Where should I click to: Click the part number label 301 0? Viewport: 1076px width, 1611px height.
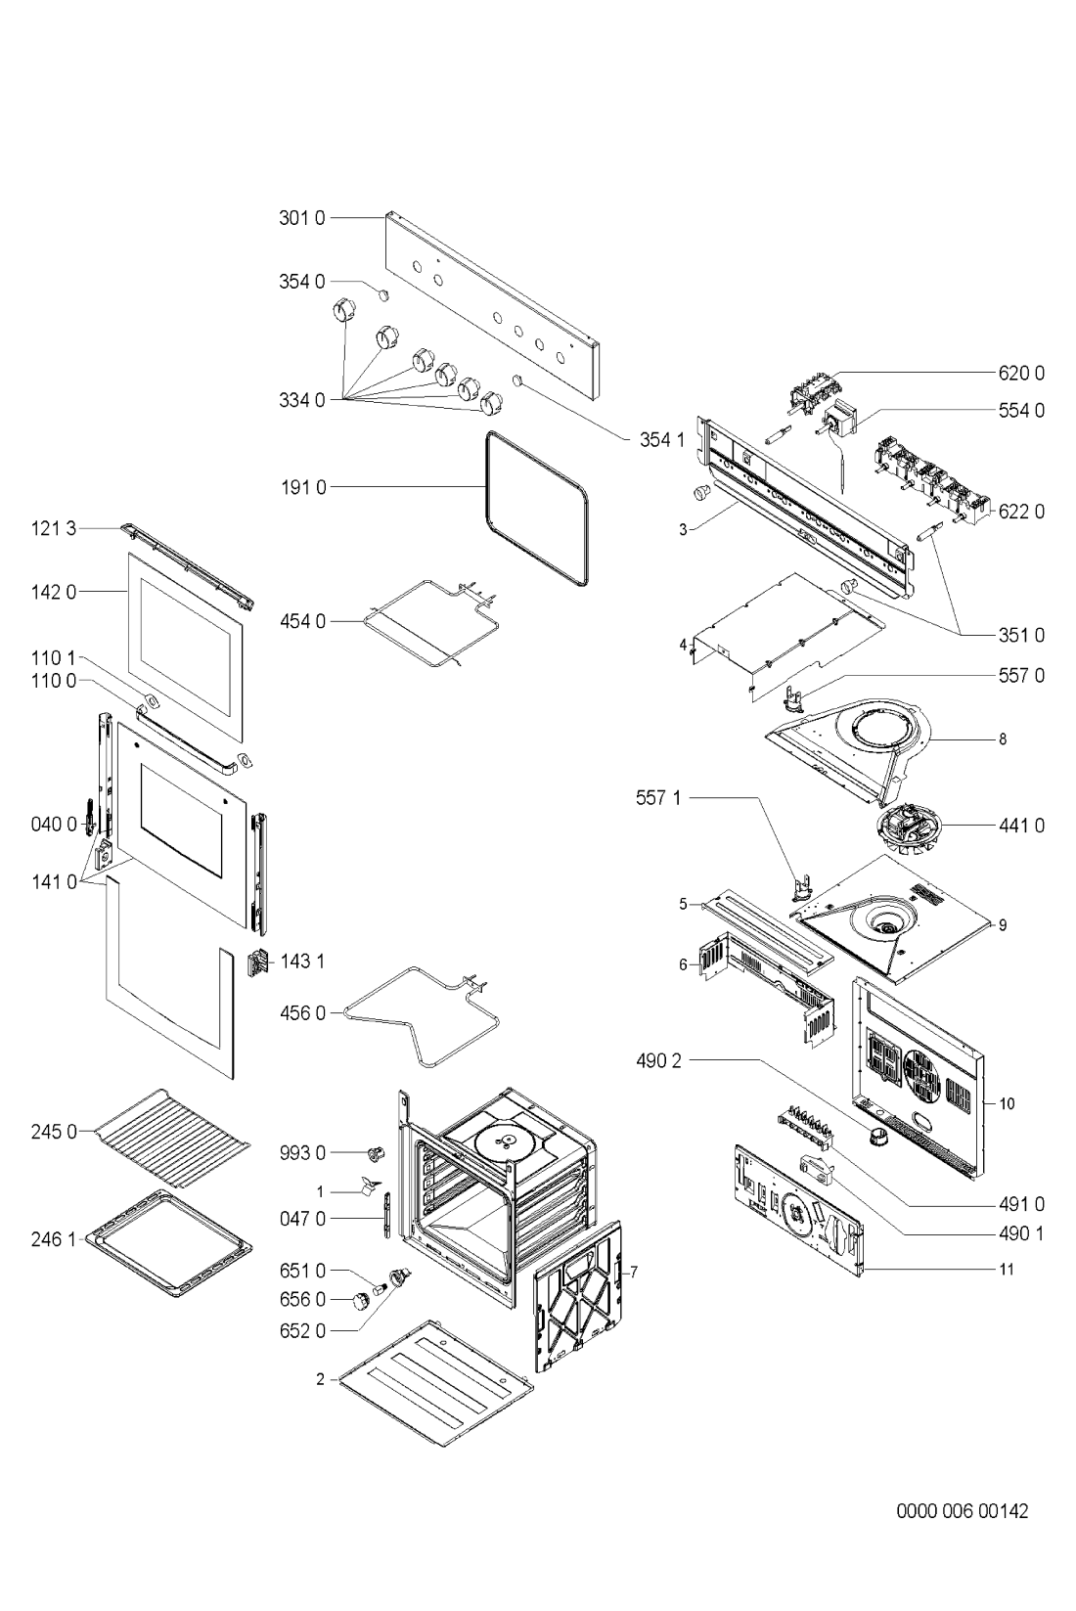[x=302, y=218]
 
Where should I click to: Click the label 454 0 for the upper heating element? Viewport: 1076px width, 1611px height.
[x=303, y=621]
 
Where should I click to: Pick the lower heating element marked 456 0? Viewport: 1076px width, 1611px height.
[x=420, y=1017]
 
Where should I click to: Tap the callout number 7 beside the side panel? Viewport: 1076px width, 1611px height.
[x=634, y=1273]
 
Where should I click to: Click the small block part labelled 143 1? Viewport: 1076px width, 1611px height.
[x=257, y=962]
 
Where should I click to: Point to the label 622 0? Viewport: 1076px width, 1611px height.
[x=1021, y=512]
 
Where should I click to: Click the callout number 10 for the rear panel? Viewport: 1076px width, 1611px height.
[x=1007, y=1103]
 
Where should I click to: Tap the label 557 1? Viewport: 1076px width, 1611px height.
[x=658, y=797]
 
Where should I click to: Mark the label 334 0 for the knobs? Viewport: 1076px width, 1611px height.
[x=302, y=400]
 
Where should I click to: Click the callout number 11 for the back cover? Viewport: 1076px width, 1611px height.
[x=1007, y=1270]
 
